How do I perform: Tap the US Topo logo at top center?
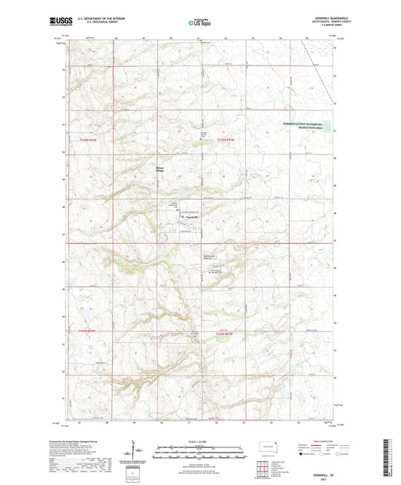tap(199, 23)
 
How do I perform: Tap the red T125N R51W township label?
tap(226, 139)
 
